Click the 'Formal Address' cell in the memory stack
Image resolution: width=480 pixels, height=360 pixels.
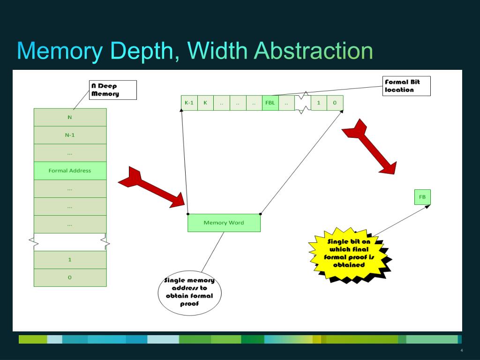point(70,171)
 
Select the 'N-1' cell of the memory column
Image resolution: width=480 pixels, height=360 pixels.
point(70,135)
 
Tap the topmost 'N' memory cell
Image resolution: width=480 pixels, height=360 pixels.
point(70,117)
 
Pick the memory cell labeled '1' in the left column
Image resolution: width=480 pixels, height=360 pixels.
point(70,260)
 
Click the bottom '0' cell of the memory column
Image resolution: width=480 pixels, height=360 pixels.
point(70,277)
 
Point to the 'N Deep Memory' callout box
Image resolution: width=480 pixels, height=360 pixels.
point(113,90)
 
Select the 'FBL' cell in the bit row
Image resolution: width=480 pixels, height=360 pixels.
point(270,103)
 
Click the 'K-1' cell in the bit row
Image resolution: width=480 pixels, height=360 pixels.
point(189,103)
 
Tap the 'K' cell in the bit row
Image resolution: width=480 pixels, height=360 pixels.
point(205,103)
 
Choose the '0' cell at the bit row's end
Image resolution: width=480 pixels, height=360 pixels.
point(335,103)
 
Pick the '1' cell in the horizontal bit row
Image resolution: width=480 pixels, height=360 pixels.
point(319,103)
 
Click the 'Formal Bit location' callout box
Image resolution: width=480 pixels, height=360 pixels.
point(406,86)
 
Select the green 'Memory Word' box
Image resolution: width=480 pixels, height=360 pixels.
point(224,223)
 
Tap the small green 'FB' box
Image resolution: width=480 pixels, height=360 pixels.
point(422,197)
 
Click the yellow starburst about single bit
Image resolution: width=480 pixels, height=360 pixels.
point(349,254)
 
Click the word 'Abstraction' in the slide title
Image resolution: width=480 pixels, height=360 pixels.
point(313,51)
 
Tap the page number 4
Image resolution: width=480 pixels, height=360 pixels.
point(462,351)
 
